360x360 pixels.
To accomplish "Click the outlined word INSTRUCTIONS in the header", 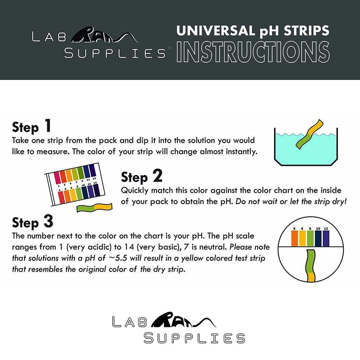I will (x=253, y=52).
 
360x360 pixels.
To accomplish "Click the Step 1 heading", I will (x=31, y=127).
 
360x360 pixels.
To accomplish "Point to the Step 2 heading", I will (x=141, y=177).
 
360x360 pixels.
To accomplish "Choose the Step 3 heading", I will (x=32, y=222).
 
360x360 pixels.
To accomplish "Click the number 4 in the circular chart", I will (x=294, y=228).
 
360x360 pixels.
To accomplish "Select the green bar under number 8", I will (x=310, y=238).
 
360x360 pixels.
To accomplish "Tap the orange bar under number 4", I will (x=294, y=238).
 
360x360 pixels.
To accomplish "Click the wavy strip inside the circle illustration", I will (x=310, y=265).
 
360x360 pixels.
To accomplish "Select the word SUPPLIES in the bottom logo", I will (x=194, y=338).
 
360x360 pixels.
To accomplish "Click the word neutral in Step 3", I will (x=212, y=248).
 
